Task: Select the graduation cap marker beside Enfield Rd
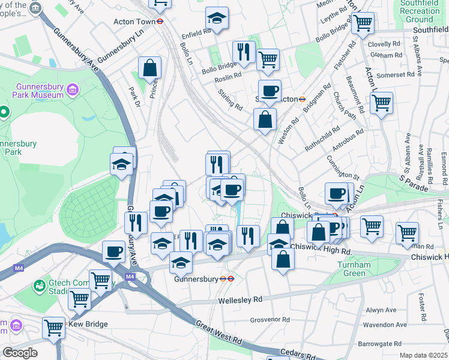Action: [217, 19]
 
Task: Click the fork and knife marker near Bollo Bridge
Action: [244, 52]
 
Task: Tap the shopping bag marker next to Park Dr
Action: [149, 68]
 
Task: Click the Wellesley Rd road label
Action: [241, 299]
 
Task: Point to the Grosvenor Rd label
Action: [270, 320]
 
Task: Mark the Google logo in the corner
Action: [19, 353]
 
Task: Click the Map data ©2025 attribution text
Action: [423, 355]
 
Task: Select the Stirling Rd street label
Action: [230, 100]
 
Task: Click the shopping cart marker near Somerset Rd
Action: [381, 103]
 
